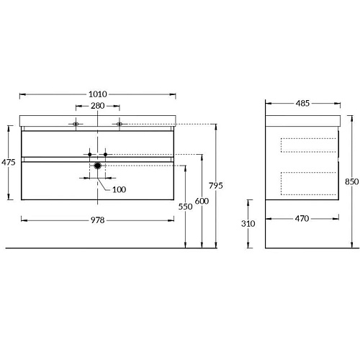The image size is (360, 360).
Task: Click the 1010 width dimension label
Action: pos(98,94)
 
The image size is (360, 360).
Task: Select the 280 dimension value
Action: pos(98,106)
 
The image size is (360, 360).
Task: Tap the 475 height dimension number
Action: pos(9,162)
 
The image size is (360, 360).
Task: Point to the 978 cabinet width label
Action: pos(98,220)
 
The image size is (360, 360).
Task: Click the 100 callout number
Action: pos(119,189)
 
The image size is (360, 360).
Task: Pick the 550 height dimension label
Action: pos(185,207)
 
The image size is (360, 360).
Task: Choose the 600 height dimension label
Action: pos(202,201)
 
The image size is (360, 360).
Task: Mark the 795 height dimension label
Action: pos(216,186)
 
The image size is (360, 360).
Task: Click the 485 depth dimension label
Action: pos(302,103)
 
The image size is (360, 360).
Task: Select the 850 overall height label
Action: pos(352,181)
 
